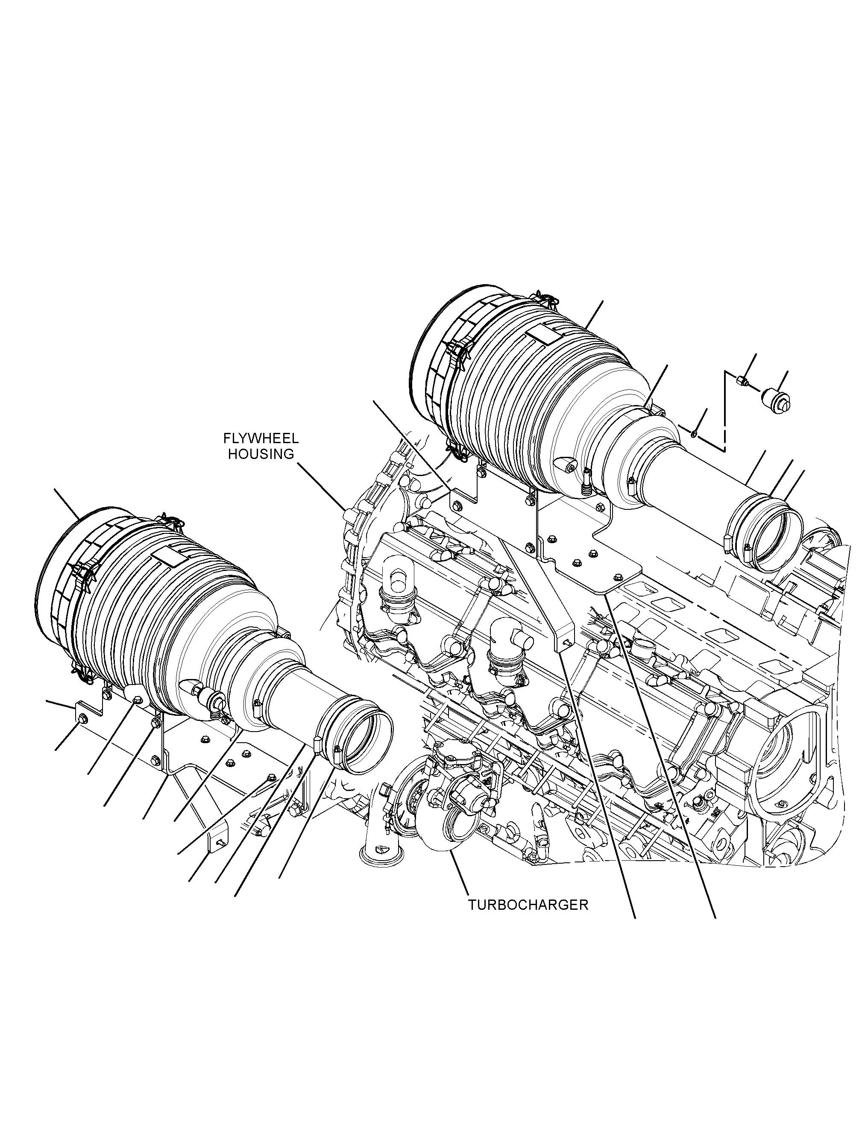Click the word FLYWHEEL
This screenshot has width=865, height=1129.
pyautogui.click(x=261, y=439)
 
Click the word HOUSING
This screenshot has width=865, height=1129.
pyautogui.click(x=261, y=454)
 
